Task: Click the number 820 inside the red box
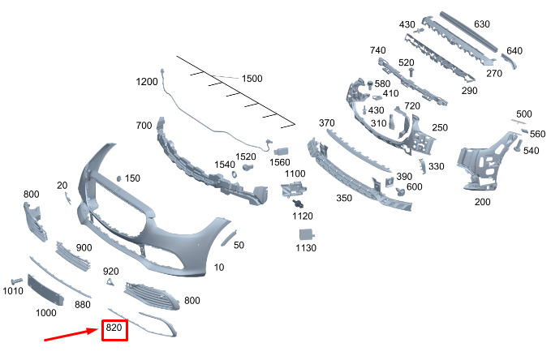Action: [x=114, y=328]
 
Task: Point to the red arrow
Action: [x=71, y=334]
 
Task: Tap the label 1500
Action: [x=252, y=79]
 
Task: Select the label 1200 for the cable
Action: [x=147, y=82]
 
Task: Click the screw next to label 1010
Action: [x=16, y=281]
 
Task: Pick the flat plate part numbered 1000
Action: [x=45, y=290]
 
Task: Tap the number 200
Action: [x=482, y=202]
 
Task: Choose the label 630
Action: [x=482, y=24]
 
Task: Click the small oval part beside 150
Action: [x=119, y=178]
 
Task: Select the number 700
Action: [x=144, y=126]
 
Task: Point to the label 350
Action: [x=344, y=198]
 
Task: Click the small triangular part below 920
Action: [x=110, y=281]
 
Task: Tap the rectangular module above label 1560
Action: [x=281, y=152]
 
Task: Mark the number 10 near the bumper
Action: [x=219, y=268]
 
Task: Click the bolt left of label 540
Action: [x=518, y=146]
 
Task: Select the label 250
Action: [x=440, y=127]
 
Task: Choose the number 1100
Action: [x=295, y=174]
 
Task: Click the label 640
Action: [x=514, y=51]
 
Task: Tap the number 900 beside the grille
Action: [x=84, y=247]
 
